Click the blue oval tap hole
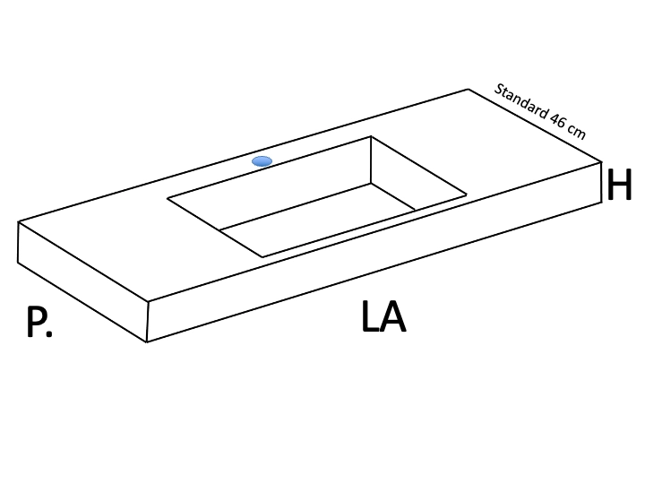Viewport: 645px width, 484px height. pos(262,161)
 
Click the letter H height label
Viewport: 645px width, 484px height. pos(619,184)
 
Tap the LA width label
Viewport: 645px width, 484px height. pos(383,316)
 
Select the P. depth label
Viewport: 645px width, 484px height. pos(39,322)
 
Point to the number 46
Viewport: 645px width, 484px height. pos(558,121)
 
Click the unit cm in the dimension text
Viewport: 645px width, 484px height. pos(576,131)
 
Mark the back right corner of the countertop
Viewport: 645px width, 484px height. pos(469,89)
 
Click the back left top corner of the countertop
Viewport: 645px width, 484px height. pos(18,222)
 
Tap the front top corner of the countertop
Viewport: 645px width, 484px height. pos(148,302)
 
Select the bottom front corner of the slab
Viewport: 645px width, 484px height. pos(147,341)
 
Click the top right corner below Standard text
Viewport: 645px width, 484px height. pos(601,162)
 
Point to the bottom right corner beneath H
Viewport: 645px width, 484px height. pos(601,203)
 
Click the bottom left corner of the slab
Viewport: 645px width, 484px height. pos(18,262)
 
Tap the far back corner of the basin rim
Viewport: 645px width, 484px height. pos(371,136)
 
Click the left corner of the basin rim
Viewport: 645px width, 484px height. pos(168,198)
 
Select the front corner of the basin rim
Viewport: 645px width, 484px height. pos(262,257)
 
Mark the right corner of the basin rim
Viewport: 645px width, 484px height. pos(467,195)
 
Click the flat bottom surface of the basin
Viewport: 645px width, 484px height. pos(317,220)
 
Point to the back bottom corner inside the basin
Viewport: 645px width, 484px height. pos(371,184)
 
